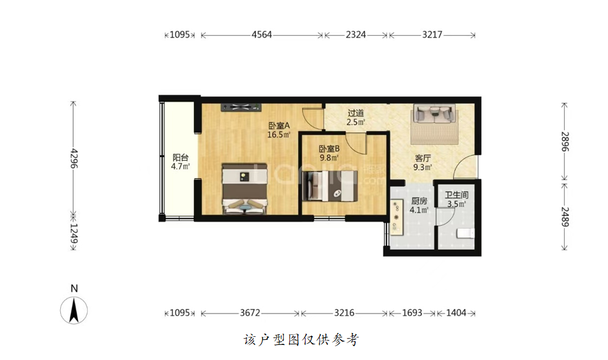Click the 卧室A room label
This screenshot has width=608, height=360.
click(279, 125)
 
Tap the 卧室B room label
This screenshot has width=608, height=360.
click(329, 149)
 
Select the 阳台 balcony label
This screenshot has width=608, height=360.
click(180, 157)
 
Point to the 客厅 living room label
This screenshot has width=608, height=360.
click(423, 158)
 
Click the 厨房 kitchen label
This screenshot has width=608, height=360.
click(419, 201)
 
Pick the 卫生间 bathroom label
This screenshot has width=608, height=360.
click(456, 195)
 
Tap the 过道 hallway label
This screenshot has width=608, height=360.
click(356, 113)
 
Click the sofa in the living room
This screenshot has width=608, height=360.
click(434, 114)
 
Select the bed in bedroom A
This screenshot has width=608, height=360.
click(244, 189)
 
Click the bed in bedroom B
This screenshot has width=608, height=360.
click(330, 186)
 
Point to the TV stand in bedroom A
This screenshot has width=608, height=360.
click(241, 107)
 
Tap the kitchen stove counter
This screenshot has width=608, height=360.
click(397, 218)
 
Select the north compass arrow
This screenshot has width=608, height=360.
click(73, 310)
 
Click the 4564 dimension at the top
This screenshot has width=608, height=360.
click(262, 35)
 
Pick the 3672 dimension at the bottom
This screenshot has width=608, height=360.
click(250, 313)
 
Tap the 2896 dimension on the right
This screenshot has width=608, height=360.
click(565, 142)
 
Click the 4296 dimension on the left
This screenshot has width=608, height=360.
click(73, 158)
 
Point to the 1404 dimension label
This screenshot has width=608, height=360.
click(456, 313)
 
